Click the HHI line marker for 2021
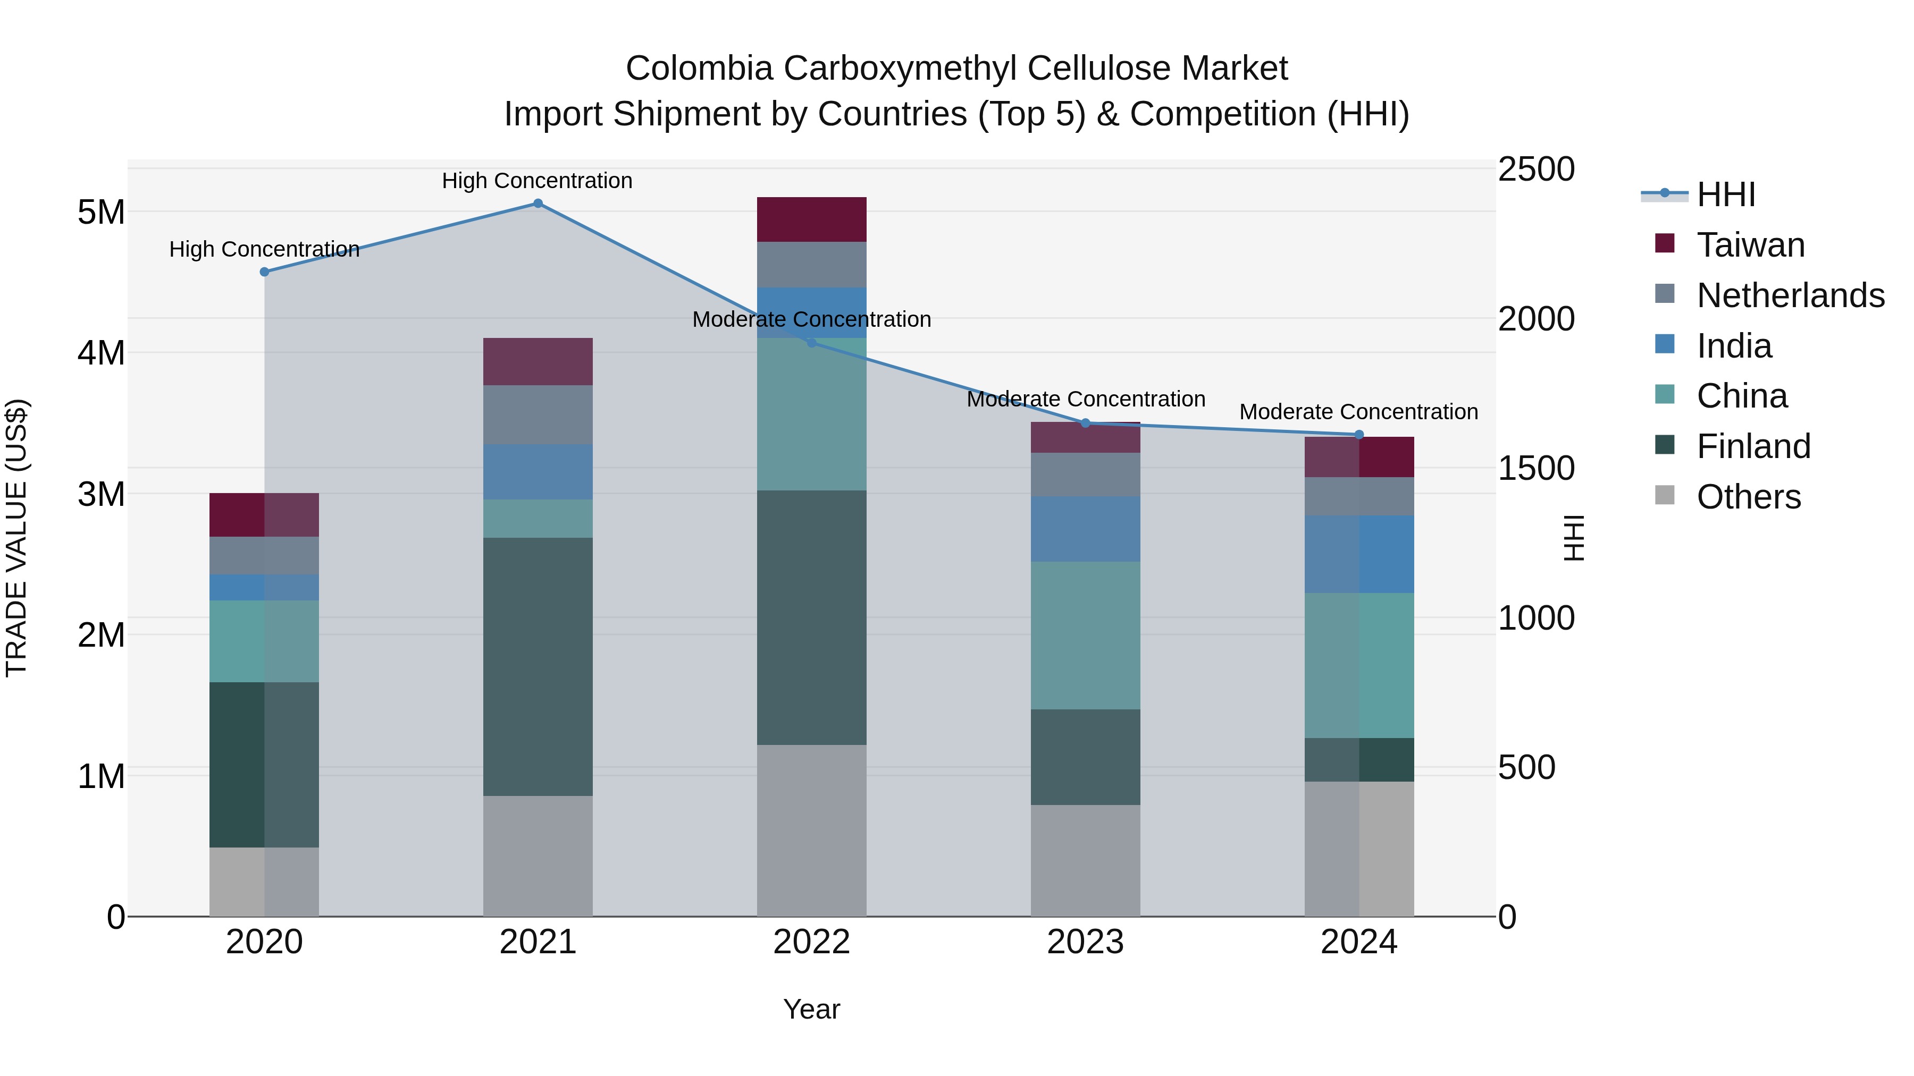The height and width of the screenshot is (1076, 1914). pos(538,204)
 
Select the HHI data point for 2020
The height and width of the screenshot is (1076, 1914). pos(265,272)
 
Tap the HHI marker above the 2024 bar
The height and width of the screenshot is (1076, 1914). pos(1359,435)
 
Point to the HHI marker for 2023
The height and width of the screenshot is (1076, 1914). pos(1086,423)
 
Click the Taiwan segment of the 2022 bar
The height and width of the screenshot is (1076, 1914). pos(811,220)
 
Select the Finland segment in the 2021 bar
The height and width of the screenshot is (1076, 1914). pos(538,666)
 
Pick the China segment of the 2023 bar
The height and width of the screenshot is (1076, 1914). pos(1086,635)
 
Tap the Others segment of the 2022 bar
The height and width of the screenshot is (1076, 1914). pos(811,830)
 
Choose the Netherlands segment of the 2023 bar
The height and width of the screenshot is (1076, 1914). pos(1086,475)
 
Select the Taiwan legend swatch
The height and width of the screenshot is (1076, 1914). pos(1665,243)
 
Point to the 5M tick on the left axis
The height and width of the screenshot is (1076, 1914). pos(101,213)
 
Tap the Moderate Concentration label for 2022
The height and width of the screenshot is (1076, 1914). pos(811,319)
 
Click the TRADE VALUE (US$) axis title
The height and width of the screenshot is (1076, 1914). pos(16,538)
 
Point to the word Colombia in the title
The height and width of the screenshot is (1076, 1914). pos(699,69)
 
